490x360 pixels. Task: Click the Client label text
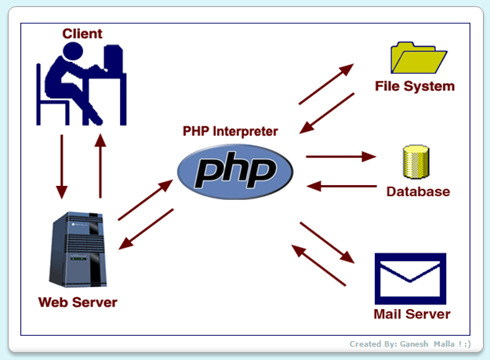click(82, 33)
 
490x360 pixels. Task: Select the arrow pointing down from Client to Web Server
click(61, 165)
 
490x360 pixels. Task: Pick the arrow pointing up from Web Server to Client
click(100, 165)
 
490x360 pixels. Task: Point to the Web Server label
click(78, 302)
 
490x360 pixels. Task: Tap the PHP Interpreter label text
click(230, 131)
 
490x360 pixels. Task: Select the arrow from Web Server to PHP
click(144, 200)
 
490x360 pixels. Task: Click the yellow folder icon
click(418, 56)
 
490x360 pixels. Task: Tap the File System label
click(415, 86)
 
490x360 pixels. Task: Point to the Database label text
click(418, 191)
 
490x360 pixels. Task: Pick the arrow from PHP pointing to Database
click(340, 157)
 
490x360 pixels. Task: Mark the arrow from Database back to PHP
click(340, 186)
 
